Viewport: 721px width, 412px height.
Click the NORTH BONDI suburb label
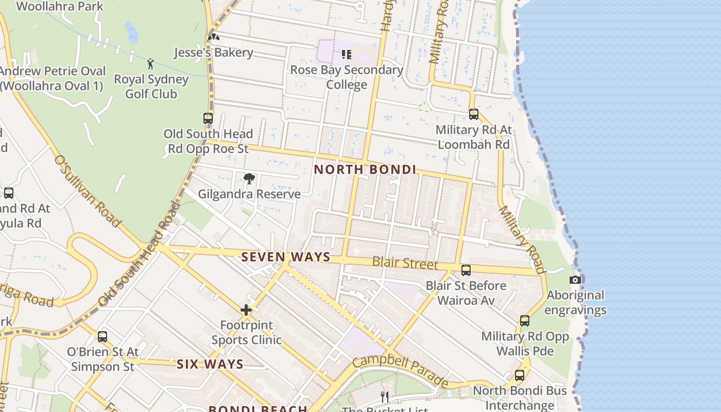pos(365,169)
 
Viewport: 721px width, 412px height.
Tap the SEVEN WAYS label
pos(286,257)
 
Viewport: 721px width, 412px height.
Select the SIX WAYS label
pos(210,364)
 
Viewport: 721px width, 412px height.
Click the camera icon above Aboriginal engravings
pos(575,280)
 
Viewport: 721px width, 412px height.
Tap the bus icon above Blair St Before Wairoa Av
pos(466,270)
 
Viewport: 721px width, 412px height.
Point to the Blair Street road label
pos(405,263)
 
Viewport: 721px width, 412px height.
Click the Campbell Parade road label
pos(401,370)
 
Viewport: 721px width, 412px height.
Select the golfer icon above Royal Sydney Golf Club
pos(150,64)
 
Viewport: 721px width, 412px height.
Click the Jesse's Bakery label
pos(213,53)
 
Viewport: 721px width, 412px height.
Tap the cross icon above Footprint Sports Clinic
pos(246,310)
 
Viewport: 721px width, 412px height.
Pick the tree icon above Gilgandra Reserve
pos(249,179)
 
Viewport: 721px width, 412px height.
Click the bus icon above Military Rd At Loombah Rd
pos(474,114)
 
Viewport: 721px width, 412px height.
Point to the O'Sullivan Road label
pos(87,191)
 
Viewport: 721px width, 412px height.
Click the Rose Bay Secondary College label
pos(347,77)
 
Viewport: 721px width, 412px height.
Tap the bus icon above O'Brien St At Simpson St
pos(102,337)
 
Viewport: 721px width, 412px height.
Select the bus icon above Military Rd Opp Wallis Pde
pos(525,321)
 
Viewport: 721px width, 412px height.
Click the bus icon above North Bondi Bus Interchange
pos(520,375)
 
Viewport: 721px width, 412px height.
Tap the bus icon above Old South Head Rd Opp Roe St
pos(208,118)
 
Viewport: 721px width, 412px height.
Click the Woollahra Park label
pos(60,7)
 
